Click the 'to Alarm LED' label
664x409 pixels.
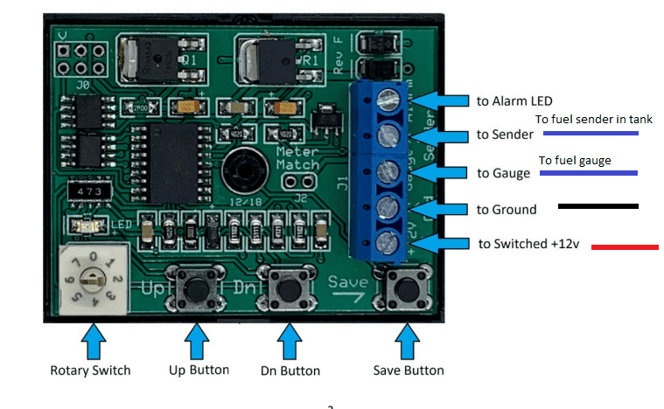[514, 101]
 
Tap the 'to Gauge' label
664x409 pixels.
[504, 173]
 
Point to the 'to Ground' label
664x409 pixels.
[507, 209]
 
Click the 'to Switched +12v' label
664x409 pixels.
[528, 244]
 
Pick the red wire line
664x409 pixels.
[625, 247]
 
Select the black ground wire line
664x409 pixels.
[598, 207]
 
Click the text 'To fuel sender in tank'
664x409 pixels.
[594, 120]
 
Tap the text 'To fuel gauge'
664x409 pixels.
[574, 161]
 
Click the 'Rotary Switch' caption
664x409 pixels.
[90, 371]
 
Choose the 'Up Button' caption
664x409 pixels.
[199, 371]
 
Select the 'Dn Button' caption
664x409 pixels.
[290, 371]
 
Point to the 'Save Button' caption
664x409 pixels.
[407, 371]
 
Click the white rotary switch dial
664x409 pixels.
[90, 278]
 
